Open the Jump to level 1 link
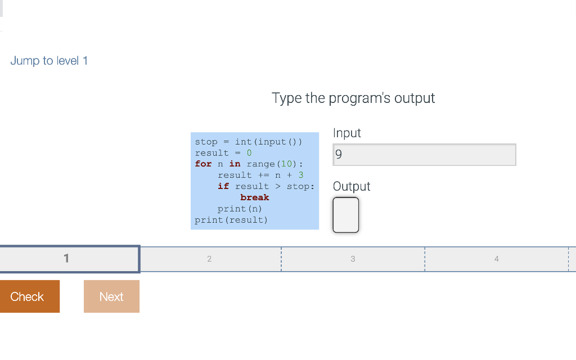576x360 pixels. [x=49, y=61]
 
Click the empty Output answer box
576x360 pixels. [x=345, y=214]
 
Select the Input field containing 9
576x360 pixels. [x=424, y=155]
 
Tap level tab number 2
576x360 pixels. [x=209, y=259]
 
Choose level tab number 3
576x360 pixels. [x=353, y=259]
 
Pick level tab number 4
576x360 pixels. [x=496, y=259]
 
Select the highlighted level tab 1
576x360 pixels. [x=69, y=259]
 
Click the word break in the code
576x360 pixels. [x=254, y=197]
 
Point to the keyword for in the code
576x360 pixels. [x=203, y=164]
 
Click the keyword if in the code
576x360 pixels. [x=223, y=186]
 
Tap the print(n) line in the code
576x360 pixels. [x=240, y=209]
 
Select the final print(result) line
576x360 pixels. [x=231, y=220]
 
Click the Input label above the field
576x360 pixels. [x=346, y=133]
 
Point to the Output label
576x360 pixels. [x=352, y=187]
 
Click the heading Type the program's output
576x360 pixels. [x=353, y=98]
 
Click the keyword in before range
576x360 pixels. [x=235, y=164]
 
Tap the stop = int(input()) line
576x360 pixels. [x=249, y=142]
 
